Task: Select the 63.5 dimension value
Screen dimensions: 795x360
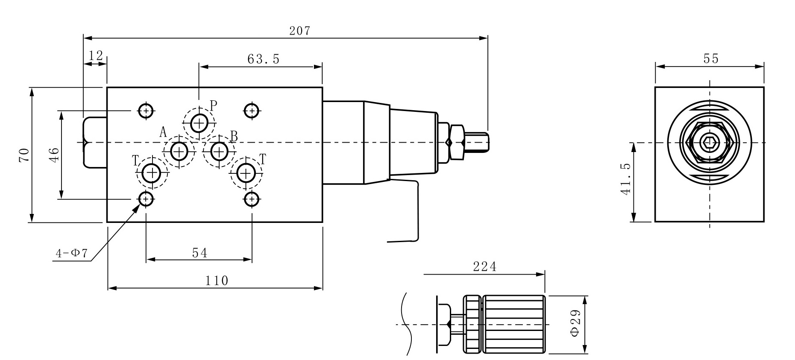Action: (263, 59)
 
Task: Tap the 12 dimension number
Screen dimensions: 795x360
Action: (96, 56)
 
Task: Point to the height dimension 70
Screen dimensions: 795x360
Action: (24, 155)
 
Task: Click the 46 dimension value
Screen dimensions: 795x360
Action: (54, 155)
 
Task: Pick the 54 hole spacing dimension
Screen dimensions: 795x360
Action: (199, 253)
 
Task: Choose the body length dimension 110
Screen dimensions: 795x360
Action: (217, 281)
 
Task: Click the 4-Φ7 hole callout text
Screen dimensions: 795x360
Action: (71, 254)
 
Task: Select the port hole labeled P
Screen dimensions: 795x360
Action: (199, 123)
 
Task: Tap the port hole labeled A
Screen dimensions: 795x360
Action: (179, 151)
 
